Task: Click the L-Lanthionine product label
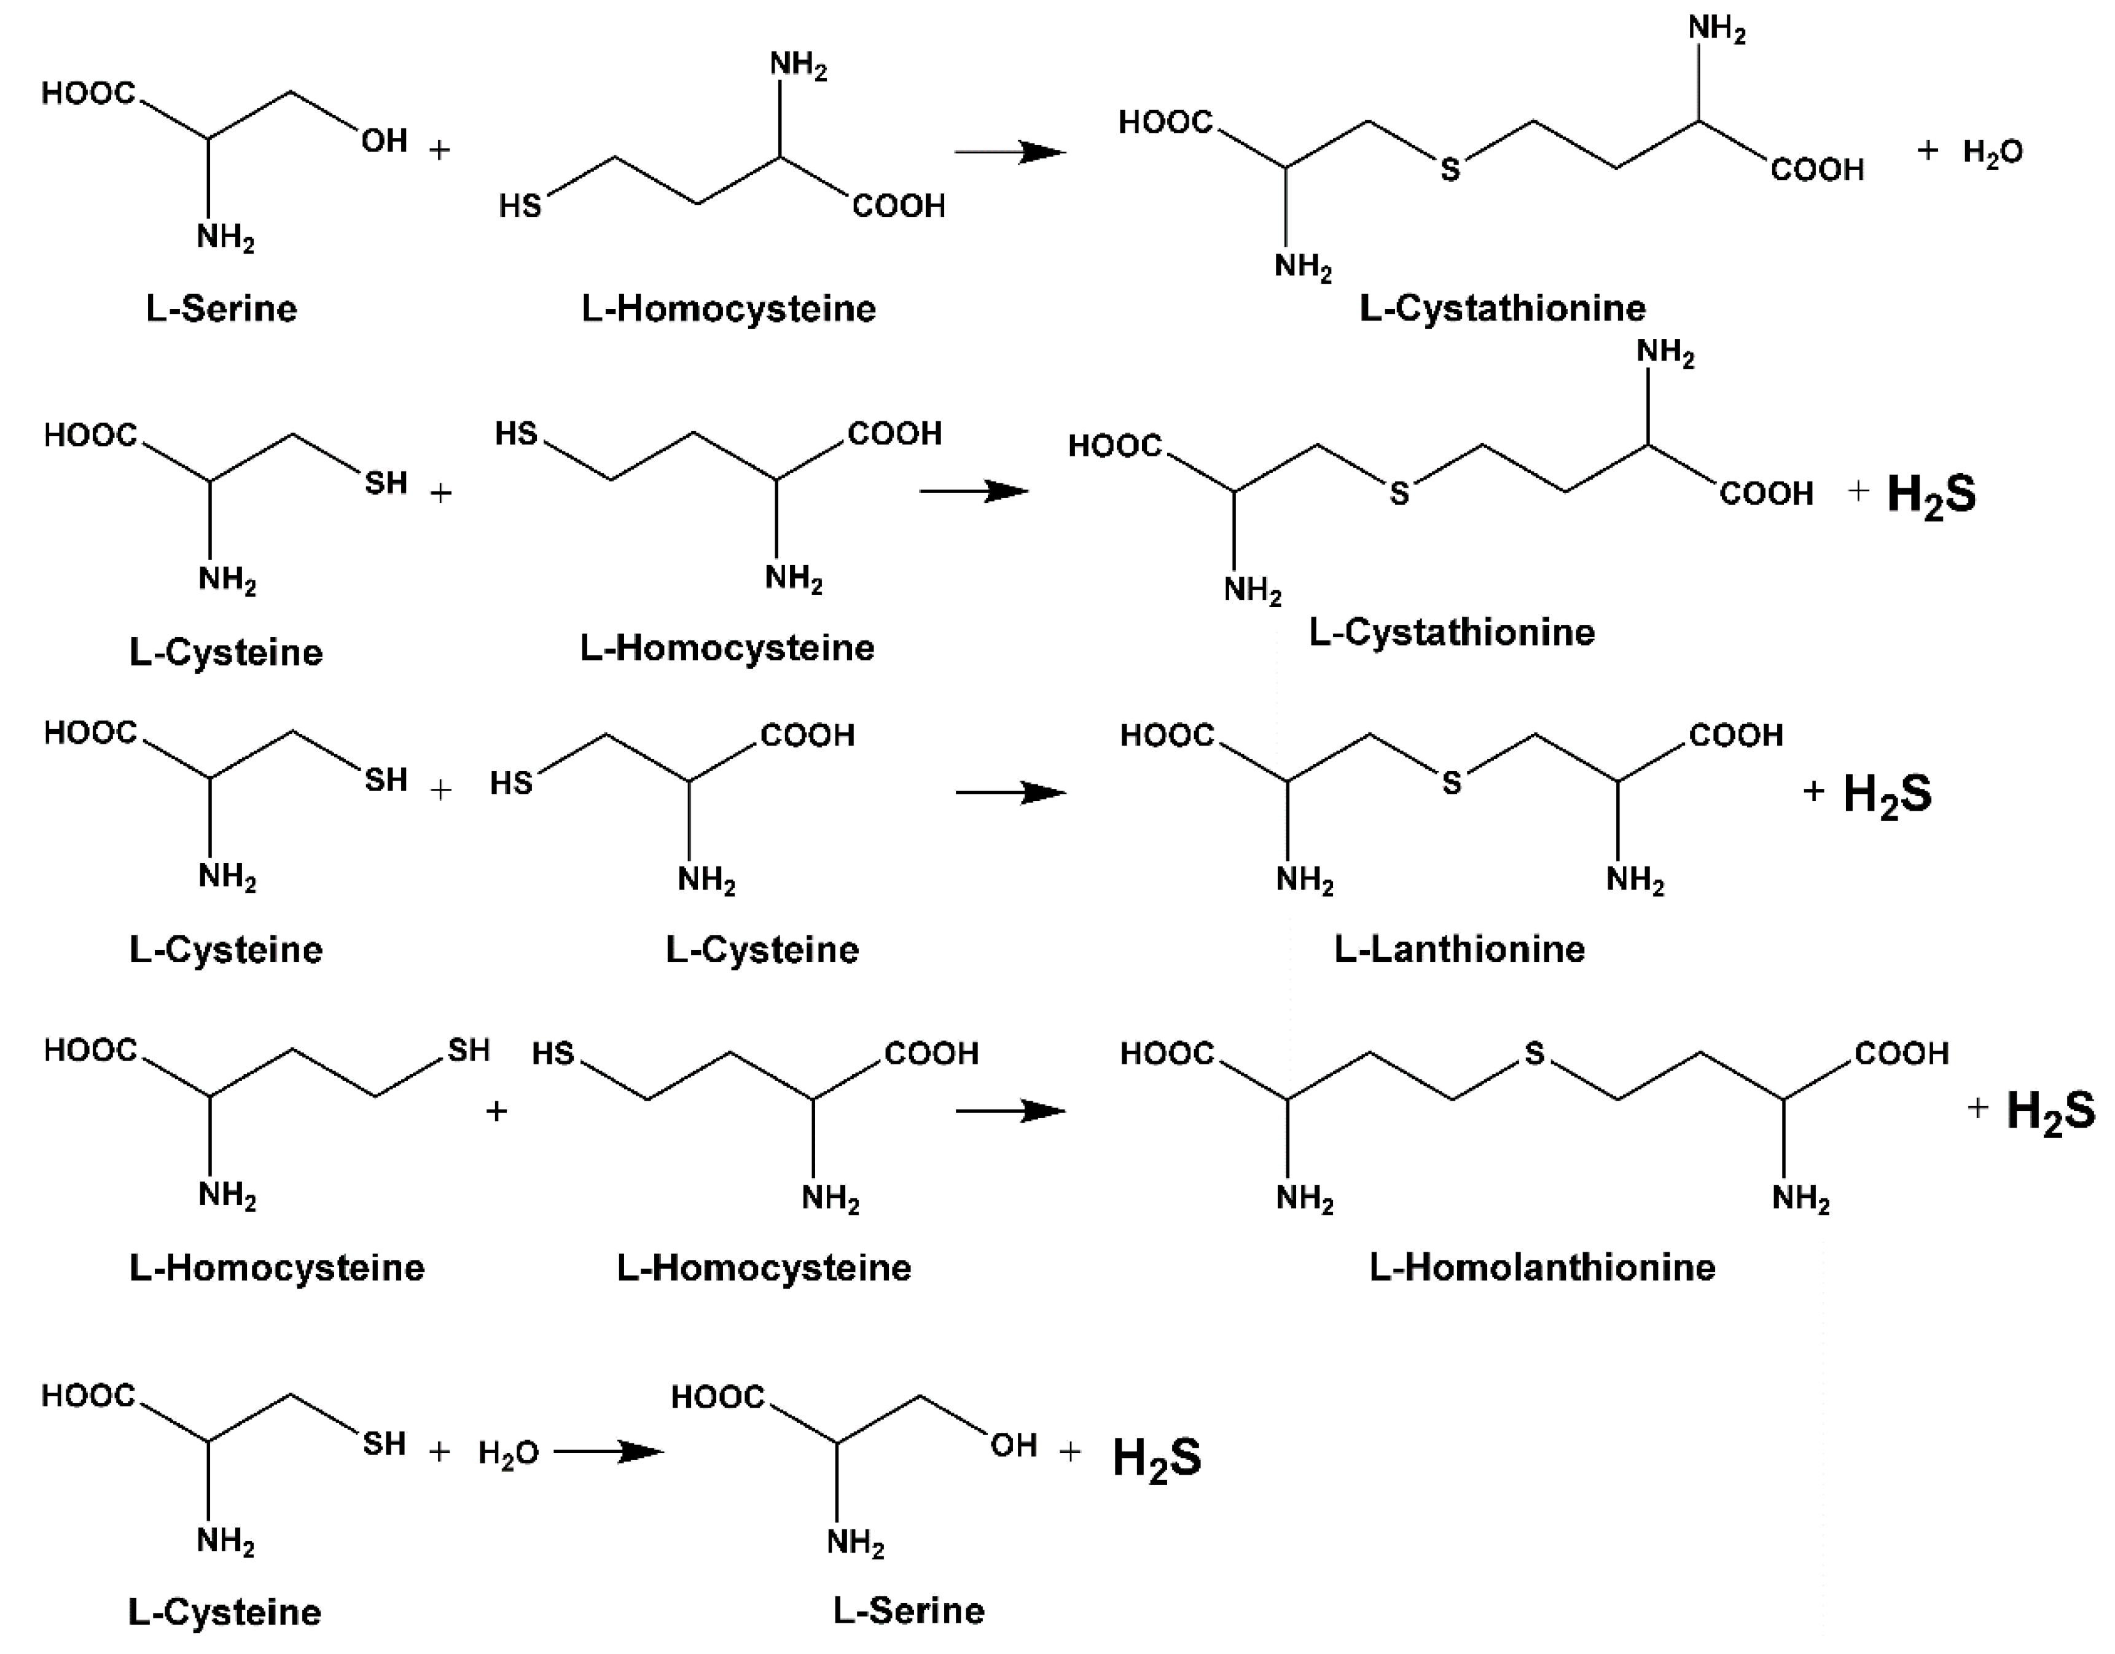point(1460,949)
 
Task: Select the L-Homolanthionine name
point(1542,1266)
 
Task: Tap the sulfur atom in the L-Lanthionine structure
point(1451,782)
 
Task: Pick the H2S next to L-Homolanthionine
point(2050,1110)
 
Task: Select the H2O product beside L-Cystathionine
point(1992,153)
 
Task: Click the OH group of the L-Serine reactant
point(385,141)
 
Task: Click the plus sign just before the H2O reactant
point(440,1451)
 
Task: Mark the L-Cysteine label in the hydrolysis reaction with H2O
point(225,1612)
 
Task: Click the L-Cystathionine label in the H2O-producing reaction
point(1502,308)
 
